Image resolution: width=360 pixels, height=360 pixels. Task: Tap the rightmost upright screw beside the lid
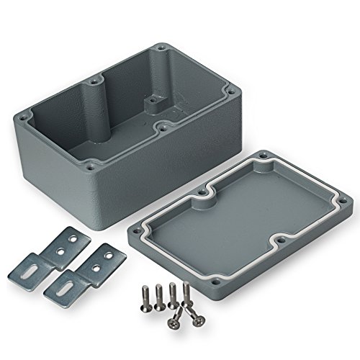click(x=185, y=291)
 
